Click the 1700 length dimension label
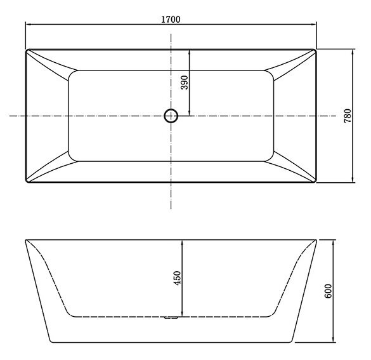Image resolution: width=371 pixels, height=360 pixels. pos(171,20)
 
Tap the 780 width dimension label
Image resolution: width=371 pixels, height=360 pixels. pos(348,116)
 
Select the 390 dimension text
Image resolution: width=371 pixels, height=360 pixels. pos(185,83)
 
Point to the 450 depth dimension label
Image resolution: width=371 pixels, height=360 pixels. pos(177,278)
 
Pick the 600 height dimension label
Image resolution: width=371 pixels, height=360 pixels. pos(328,291)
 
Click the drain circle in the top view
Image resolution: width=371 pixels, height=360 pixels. pos(171,116)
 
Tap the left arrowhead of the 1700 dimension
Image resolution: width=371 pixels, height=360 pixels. pos(29,24)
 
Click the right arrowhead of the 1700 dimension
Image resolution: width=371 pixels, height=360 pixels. pos(313,24)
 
